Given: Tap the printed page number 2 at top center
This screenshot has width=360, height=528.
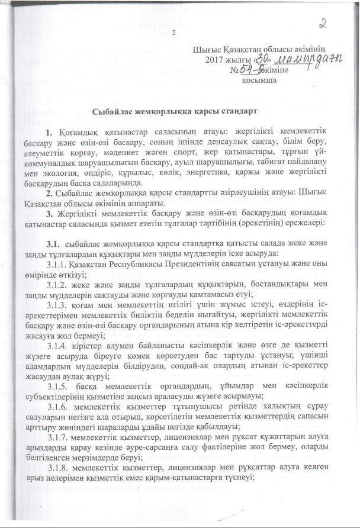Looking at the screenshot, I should point(174,33).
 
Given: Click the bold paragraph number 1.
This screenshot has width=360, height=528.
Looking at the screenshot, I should point(49,130).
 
